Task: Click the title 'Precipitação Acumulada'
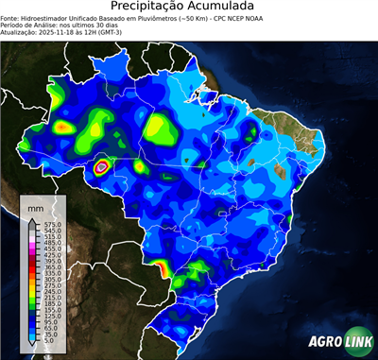[x=188, y=7]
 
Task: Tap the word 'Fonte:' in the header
[x=10, y=17]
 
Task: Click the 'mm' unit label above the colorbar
[x=35, y=206]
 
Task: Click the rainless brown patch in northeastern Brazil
[x=281, y=170]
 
